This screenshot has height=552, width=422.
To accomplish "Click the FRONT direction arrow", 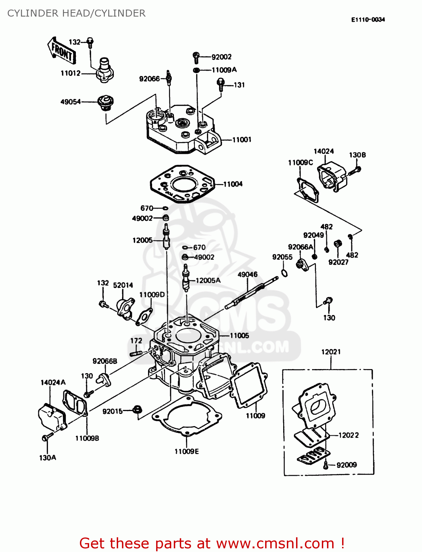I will [x=61, y=51].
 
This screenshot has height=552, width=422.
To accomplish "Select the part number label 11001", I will [x=242, y=140].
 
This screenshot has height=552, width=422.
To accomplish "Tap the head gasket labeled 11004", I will [x=182, y=184].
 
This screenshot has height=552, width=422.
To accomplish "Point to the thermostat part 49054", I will [x=105, y=102].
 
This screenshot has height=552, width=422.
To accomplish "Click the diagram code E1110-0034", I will [x=368, y=20].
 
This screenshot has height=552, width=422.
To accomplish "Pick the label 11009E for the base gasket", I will [x=186, y=452].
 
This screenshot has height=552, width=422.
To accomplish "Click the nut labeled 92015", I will [x=137, y=409].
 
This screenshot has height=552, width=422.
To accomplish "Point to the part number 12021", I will [x=331, y=352].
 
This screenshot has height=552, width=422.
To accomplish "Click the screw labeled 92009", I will [x=326, y=465].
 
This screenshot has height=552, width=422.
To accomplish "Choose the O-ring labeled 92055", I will [x=284, y=273].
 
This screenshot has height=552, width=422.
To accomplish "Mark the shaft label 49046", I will [x=247, y=275].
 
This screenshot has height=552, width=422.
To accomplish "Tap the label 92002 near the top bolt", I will [x=221, y=57].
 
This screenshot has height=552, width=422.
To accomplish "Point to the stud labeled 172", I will [x=136, y=354].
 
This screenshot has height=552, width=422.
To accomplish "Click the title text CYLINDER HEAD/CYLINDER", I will [x=77, y=13].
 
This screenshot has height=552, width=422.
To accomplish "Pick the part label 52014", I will [x=123, y=285].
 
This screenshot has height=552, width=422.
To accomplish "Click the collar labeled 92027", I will [x=337, y=244].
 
